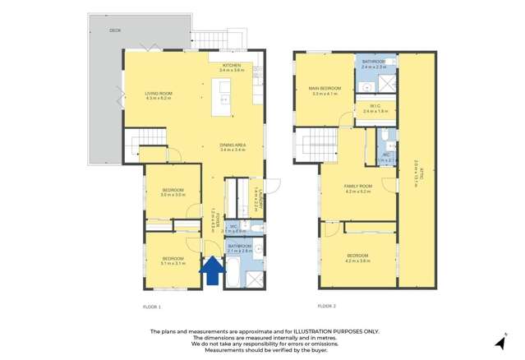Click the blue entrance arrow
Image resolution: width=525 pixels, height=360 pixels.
coord(211,270)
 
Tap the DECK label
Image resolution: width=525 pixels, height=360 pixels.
coord(115,30)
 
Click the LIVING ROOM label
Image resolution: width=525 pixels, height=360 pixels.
coord(158,94)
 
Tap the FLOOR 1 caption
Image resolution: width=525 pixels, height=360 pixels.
coord(153,306)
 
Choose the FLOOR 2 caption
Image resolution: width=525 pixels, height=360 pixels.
coord(325,306)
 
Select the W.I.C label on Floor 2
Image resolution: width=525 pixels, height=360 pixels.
coord(375,107)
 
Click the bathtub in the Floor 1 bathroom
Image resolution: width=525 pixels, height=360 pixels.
coord(233,271)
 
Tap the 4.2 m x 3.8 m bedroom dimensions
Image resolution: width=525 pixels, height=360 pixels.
coord(358,261)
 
